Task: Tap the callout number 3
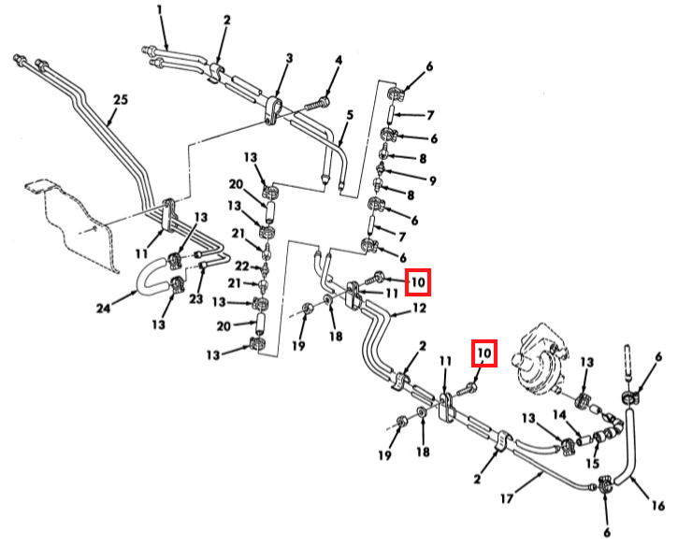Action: (289, 58)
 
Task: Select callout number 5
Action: (350, 115)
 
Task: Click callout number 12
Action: (419, 309)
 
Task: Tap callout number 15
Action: (591, 461)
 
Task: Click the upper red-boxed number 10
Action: (417, 281)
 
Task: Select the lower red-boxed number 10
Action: (483, 353)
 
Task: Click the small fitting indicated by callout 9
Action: (381, 169)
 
